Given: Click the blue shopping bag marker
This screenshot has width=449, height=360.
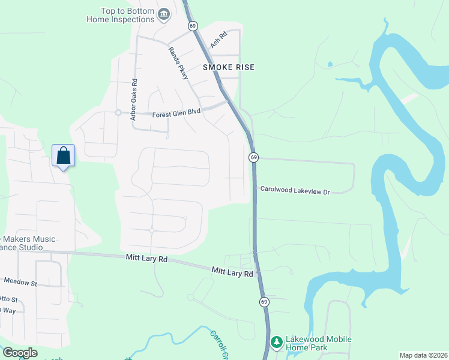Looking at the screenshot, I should point(63,156).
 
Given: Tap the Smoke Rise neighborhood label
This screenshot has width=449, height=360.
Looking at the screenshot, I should point(228,67).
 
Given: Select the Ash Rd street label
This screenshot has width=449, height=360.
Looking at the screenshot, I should point(219,40).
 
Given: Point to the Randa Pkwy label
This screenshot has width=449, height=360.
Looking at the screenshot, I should point(178,63).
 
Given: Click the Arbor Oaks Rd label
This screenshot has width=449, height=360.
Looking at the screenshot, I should point(134,100).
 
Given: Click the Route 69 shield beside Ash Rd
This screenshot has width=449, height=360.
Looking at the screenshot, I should point(192,26).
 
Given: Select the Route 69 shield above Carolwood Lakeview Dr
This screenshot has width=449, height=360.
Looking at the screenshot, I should point(254,157).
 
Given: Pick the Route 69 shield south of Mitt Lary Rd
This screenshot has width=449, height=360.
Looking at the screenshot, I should point(263,302).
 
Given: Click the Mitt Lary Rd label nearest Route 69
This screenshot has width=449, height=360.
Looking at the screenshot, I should point(232,272).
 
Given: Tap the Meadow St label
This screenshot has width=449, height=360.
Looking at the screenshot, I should point(20,281).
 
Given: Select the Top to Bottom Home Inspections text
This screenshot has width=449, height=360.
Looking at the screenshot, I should point(120,16).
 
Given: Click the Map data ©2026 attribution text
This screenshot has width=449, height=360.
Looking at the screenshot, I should point(423,355).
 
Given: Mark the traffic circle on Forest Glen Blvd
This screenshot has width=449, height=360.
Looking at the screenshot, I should point(118,112).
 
